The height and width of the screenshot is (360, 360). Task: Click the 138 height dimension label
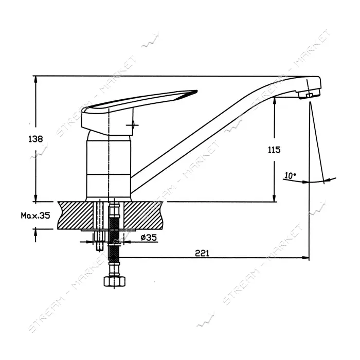pos(35,139)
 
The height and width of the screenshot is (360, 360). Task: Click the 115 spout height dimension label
pos(274,150)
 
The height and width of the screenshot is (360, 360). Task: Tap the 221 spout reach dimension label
pos(202,253)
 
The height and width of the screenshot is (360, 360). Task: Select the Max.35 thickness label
pos(35,215)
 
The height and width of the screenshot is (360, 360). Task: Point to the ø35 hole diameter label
pos(149,238)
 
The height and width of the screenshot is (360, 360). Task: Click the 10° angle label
pos(290,175)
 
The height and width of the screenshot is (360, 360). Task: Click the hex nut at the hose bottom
pos(115,281)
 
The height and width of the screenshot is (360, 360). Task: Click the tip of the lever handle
pos(197,91)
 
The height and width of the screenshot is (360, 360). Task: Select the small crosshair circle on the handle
pos(133,125)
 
